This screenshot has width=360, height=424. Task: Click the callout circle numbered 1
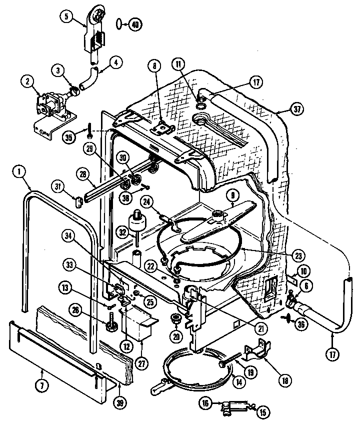[19, 172]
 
